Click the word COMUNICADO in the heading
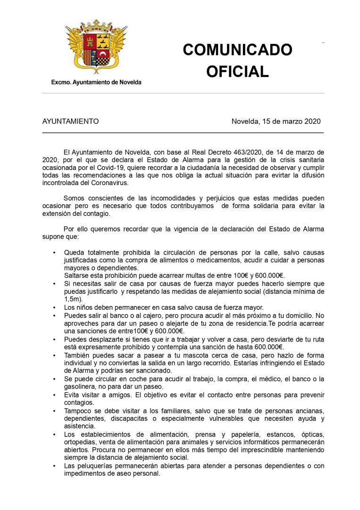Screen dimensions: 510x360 [237, 50]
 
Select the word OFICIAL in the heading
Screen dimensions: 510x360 [237, 71]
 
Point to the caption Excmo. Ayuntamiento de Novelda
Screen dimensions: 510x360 [96, 82]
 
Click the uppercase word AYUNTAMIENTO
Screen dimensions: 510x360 [71, 121]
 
